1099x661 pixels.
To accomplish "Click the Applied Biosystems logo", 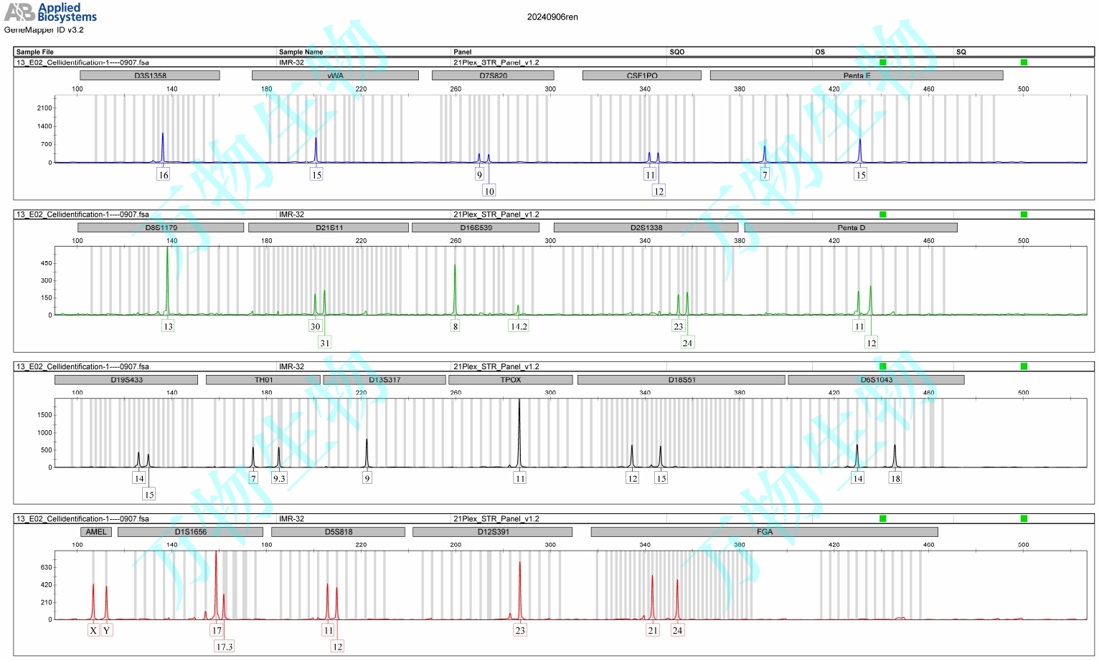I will [50, 12].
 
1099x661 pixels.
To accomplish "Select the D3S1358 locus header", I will [150, 75].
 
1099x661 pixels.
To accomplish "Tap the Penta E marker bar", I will [857, 75].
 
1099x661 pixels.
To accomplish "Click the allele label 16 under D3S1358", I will [164, 175].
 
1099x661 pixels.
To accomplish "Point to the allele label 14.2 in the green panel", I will [518, 326].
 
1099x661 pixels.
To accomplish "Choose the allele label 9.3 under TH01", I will [279, 478].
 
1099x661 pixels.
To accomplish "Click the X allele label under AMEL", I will [93, 630].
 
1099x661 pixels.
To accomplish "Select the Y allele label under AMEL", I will [107, 630].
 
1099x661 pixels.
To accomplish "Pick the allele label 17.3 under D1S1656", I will [225, 647].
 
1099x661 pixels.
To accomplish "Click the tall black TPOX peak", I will [519, 430].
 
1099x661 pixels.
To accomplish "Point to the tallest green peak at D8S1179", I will [167, 272].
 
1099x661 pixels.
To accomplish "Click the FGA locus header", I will [764, 532].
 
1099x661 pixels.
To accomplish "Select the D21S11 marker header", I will [329, 228].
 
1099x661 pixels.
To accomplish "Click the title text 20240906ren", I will [552, 17].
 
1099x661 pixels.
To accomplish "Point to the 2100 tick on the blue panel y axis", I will [44, 108].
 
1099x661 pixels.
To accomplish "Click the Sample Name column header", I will [301, 52].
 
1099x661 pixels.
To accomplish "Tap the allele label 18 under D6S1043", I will [895, 478].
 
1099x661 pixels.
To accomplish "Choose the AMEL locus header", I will [96, 532].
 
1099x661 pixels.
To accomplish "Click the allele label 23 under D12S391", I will [520, 630].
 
